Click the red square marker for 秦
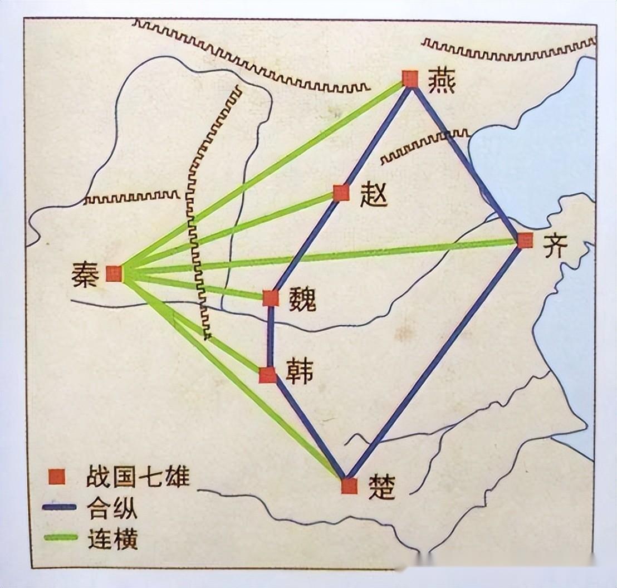(114, 273)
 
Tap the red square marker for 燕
(410, 79)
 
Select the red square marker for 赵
(341, 193)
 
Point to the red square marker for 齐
(525, 241)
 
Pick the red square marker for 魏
(271, 298)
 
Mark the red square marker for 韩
(268, 375)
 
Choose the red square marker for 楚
(349, 486)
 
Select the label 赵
(374, 195)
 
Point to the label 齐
(555, 245)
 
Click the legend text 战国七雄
(138, 477)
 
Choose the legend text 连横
(112, 538)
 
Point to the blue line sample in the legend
(59, 507)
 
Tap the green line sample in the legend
(59, 537)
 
